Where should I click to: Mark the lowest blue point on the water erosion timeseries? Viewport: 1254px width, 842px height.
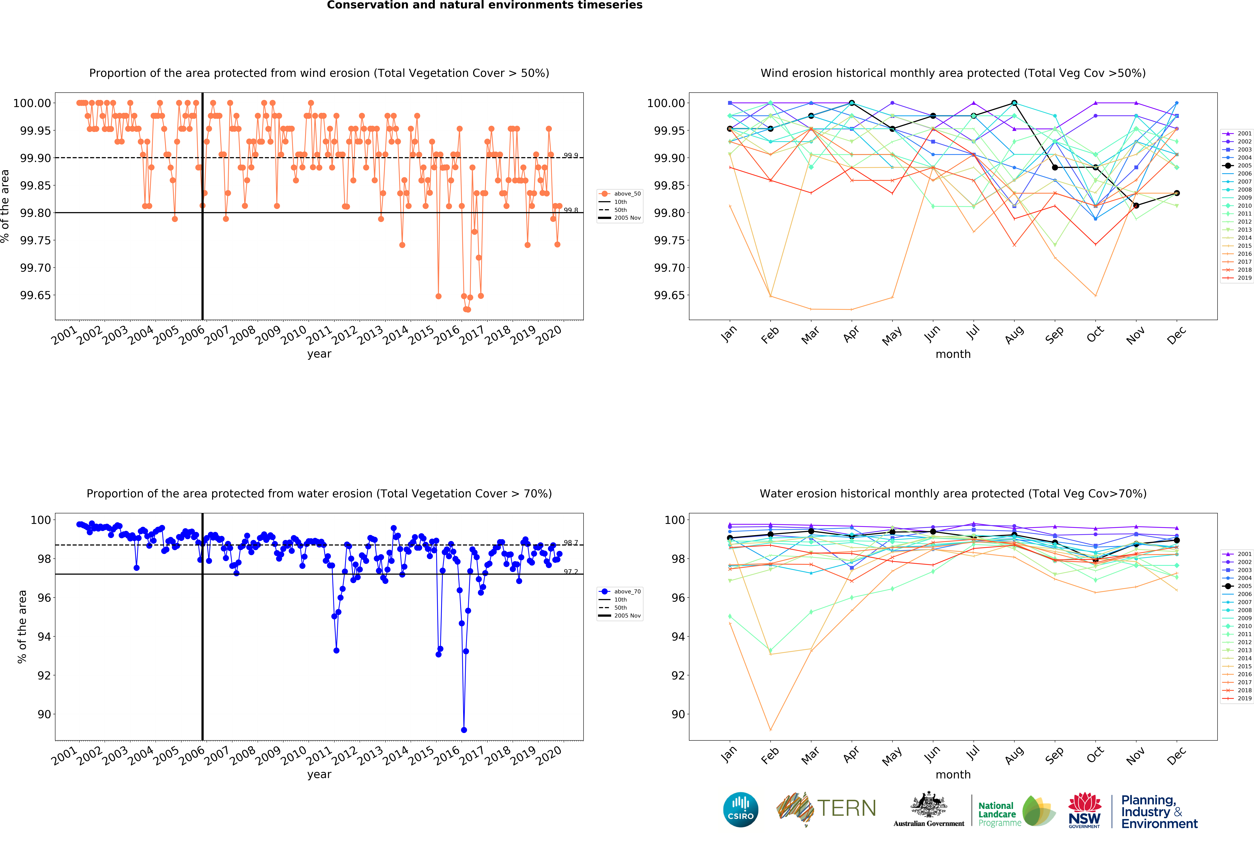464,730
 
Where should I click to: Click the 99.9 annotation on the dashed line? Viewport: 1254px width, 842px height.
571,156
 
